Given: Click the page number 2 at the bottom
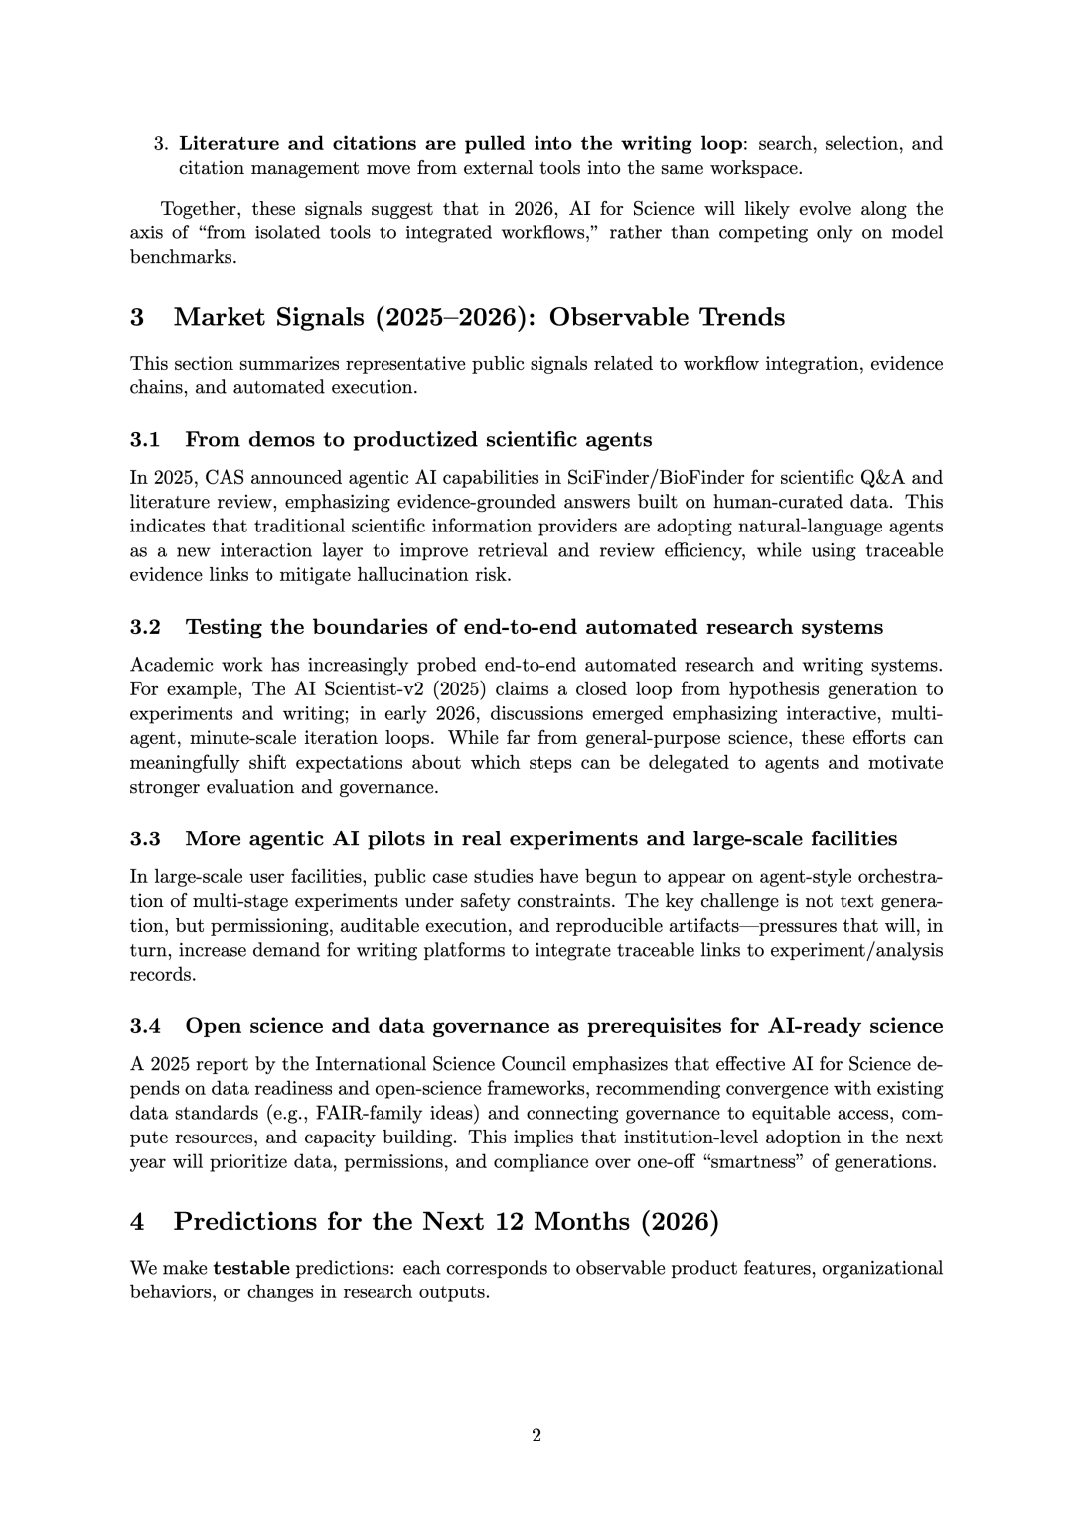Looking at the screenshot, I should (536, 1435).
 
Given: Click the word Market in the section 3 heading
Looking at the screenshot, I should (219, 317).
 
